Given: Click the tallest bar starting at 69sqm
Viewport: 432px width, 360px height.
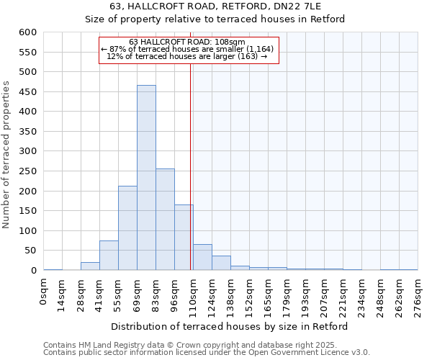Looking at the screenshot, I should [146, 178].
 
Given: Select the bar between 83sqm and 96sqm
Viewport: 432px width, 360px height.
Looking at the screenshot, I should [165, 220].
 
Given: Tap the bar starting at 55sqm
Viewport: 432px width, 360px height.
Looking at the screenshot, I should [127, 228].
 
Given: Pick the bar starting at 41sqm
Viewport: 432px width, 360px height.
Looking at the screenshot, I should [109, 256].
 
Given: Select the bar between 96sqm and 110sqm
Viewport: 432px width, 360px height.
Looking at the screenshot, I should [184, 238].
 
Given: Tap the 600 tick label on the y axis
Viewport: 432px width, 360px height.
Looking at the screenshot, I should [27, 32].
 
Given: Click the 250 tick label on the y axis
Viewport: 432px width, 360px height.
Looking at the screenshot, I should [27, 171].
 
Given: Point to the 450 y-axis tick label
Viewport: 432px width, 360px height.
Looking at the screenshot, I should [27, 92].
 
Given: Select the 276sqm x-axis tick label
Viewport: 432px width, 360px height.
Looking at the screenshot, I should [418, 294].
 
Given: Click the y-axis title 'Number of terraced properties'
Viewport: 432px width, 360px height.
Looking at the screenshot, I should [6, 155].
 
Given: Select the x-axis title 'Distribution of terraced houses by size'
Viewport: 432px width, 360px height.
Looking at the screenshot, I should [230, 326].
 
